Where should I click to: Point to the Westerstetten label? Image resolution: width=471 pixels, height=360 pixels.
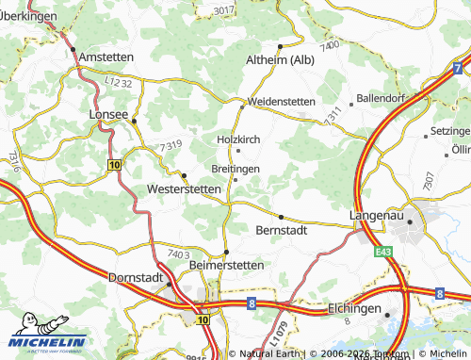point(185,189)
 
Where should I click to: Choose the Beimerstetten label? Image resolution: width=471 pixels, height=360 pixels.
point(227,267)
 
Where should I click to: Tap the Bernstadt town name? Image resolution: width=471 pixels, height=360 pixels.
point(282,230)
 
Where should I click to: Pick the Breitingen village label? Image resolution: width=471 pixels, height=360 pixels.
point(235,168)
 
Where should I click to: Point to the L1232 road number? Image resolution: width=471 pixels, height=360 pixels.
point(119,86)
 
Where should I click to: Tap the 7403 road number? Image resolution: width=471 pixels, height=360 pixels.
point(178,254)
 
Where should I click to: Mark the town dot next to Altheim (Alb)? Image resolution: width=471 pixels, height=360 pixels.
point(280,45)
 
